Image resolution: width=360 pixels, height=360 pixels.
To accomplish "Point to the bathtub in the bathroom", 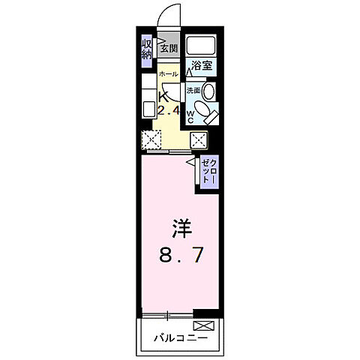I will point(201,43).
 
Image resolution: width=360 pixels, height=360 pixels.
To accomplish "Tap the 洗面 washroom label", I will point(194,87).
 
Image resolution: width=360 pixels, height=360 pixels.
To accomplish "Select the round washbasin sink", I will point(209,91).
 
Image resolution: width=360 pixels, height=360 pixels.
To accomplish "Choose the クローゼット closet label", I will point(210,172).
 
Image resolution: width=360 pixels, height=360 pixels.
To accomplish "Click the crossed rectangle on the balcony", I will point(205,325).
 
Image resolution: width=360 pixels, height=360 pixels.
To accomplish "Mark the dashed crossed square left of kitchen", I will point(152,139).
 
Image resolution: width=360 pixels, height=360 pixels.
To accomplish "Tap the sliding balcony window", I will point(165,311).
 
